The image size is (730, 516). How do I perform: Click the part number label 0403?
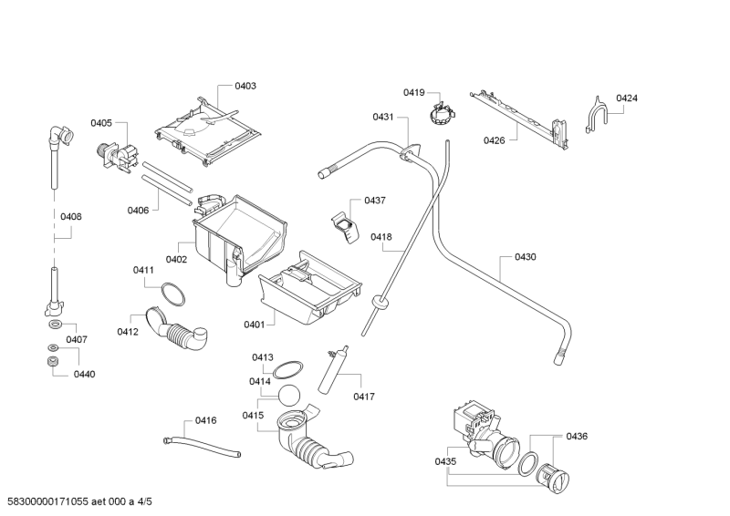tap(245, 86)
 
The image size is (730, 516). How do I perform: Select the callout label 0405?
tap(100, 123)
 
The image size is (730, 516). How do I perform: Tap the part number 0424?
tap(626, 98)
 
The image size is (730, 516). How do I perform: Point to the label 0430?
tap(525, 257)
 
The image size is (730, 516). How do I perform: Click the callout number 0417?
tap(364, 397)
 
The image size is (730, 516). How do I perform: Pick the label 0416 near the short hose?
tap(206, 420)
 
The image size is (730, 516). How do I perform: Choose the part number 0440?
tap(84, 374)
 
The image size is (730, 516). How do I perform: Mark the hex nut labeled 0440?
tap(53, 364)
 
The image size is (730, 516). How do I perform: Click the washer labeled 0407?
tap(54, 324)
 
